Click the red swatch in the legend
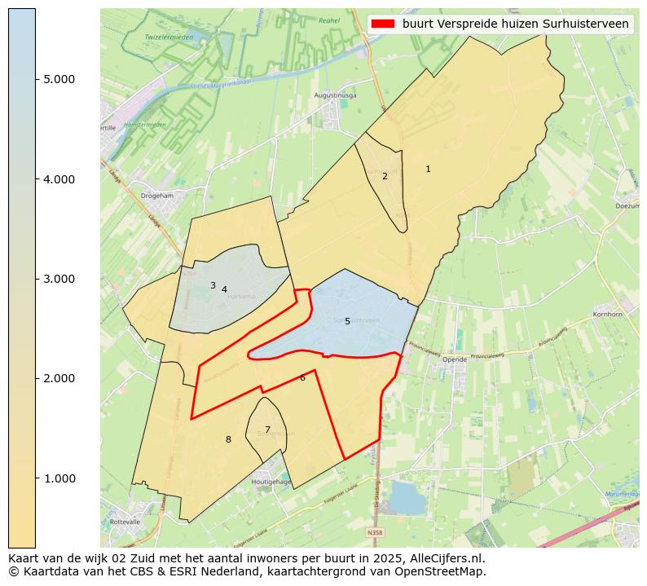coord(383,24)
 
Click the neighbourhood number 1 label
coord(428,169)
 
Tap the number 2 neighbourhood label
coord(385,176)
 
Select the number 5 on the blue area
coord(347,322)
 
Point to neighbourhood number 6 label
coord(302,377)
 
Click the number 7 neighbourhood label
coord(267,430)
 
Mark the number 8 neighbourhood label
coord(228,439)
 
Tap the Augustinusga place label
coord(336,95)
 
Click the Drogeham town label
coord(156,196)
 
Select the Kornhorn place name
coord(609,314)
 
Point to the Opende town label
coord(455,359)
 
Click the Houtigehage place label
coord(271,482)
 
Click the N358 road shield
coord(375,532)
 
